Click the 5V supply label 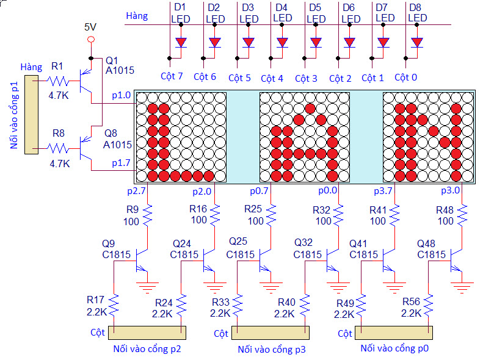point(90,27)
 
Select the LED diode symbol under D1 point(181,43)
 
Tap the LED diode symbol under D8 point(417,43)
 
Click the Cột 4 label point(272,78)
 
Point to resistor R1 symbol point(60,81)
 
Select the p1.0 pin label point(121,95)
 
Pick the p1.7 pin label point(121,163)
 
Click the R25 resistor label point(253,209)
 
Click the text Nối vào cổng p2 point(147,349)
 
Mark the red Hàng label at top point(136,15)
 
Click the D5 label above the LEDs point(314,7)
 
